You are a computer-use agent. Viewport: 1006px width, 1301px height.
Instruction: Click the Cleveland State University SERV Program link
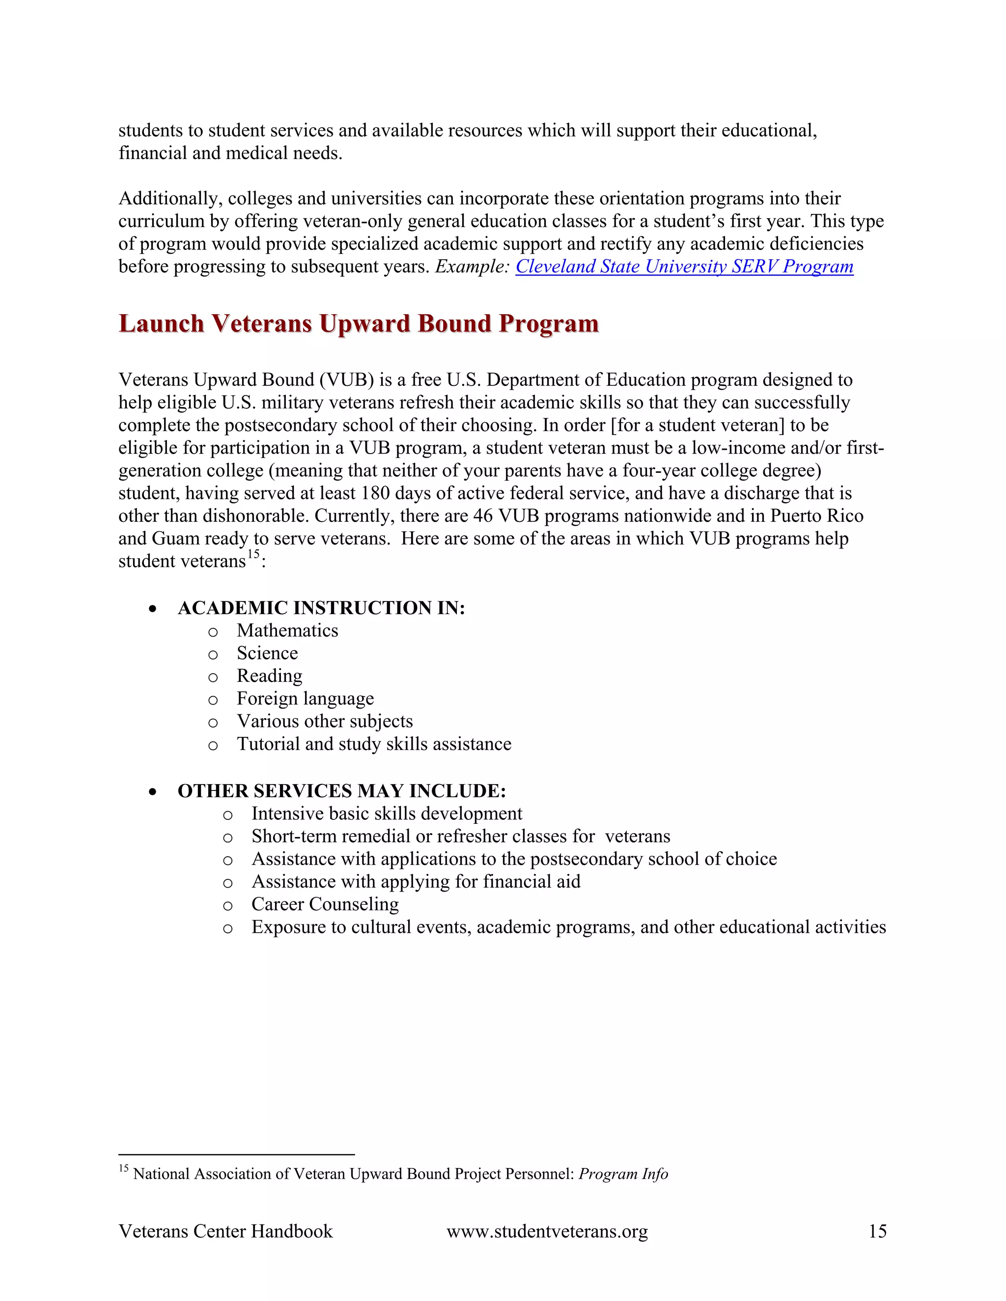tap(684, 266)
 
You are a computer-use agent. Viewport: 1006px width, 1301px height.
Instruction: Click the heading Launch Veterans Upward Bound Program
tap(358, 324)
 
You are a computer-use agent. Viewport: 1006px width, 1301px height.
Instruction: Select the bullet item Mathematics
tap(287, 630)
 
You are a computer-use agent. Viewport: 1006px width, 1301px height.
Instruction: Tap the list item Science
tap(267, 653)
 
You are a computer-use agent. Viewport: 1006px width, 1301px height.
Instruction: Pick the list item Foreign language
tap(305, 698)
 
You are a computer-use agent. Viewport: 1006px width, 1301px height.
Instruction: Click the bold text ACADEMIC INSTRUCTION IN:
tap(321, 608)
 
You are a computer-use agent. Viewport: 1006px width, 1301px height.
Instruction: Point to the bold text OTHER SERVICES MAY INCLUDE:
tap(341, 791)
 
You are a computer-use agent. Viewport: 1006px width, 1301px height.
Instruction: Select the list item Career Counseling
tap(325, 904)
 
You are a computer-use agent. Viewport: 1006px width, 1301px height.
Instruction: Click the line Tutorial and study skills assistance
tap(374, 744)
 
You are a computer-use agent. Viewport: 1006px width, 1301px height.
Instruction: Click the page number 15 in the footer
tap(877, 1231)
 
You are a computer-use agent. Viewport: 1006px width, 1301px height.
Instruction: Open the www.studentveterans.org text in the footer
tap(547, 1231)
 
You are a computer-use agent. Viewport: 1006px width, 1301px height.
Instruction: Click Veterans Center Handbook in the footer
tap(225, 1231)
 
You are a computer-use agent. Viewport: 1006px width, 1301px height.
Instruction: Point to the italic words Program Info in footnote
tap(623, 1173)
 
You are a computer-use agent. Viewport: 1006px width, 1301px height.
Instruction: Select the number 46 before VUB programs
tap(483, 516)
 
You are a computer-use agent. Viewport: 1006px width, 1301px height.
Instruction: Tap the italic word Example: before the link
tap(472, 266)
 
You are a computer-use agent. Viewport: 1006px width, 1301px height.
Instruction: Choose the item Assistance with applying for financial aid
tap(416, 882)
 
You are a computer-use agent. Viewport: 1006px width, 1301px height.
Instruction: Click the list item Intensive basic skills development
tap(386, 813)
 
